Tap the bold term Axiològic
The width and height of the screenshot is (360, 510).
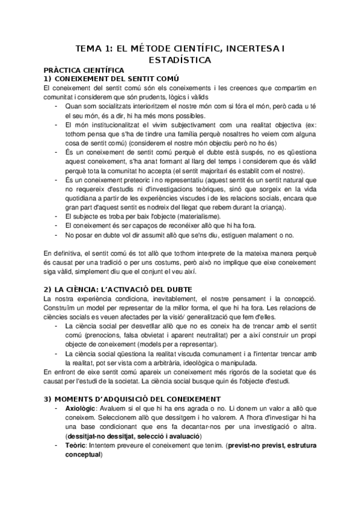pos(82,409)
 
